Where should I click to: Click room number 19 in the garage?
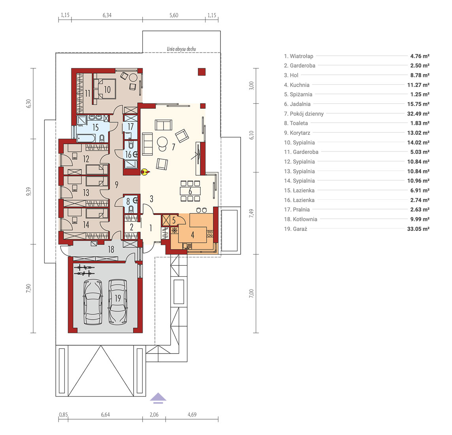[x=118, y=298]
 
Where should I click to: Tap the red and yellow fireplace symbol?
[x=145, y=172]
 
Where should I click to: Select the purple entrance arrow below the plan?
[x=158, y=398]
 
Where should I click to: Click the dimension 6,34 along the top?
[x=107, y=15]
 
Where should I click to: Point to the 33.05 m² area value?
[x=418, y=229]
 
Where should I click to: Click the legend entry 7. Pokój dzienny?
[x=304, y=113]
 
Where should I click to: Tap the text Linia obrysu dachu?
[x=181, y=49]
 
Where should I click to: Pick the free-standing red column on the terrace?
[x=202, y=72]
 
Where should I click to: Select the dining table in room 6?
[x=190, y=191]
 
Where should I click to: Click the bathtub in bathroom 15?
[x=86, y=138]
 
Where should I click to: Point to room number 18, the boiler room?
[x=111, y=249]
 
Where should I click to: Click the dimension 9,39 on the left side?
[x=28, y=191]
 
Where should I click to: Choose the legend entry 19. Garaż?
[x=296, y=229]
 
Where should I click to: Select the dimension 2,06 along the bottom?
[x=154, y=414]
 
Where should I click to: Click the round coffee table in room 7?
[x=162, y=142]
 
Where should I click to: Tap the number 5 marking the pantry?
[x=174, y=220]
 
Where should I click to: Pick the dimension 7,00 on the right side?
[x=252, y=293]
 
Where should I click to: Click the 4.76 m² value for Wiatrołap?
[x=420, y=56]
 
